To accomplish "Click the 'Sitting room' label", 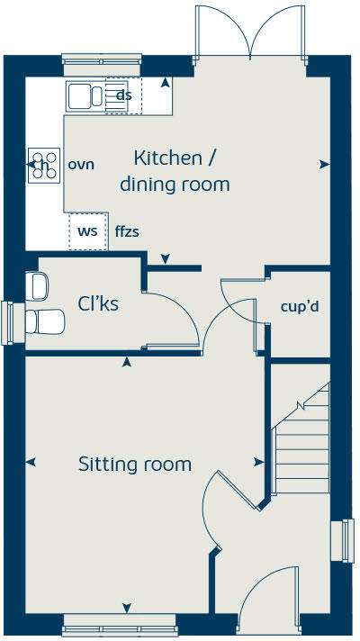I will (x=135, y=465).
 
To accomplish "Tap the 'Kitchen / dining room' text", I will (x=175, y=171).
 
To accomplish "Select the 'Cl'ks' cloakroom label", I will (x=98, y=304).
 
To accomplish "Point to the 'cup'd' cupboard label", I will (x=300, y=307).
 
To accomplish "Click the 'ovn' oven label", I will (x=81, y=165).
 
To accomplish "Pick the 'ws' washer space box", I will (x=87, y=231).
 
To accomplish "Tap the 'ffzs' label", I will (x=127, y=231).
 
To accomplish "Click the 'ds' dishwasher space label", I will (x=124, y=95).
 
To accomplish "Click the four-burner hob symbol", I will (x=41, y=165).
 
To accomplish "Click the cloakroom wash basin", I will (x=37, y=286).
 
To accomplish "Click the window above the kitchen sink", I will (x=101, y=60).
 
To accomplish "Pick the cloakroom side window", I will (x=11, y=321).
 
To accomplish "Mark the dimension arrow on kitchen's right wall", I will (x=323, y=165).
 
